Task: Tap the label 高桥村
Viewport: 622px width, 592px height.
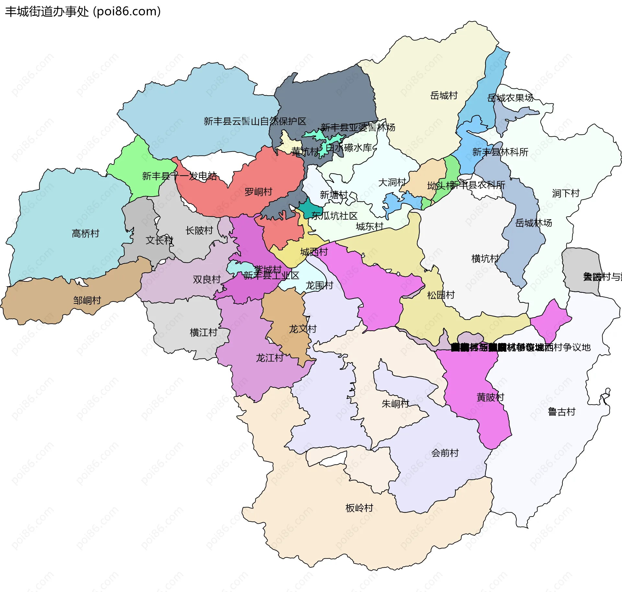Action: tap(86, 233)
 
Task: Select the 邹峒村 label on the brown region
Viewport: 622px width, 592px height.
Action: tap(87, 301)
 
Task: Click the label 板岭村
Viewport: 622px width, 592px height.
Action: tap(359, 508)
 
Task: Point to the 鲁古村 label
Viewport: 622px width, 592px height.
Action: tap(561, 412)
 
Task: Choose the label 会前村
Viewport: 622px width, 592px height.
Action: tap(445, 453)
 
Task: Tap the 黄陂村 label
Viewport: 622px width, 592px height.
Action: tap(490, 397)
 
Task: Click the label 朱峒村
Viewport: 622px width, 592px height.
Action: tap(396, 404)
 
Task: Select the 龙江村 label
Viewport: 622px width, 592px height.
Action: tap(270, 358)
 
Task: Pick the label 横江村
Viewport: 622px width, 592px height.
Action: tap(203, 333)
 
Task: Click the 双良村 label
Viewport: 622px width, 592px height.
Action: tap(207, 279)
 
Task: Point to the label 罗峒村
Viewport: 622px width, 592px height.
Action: tap(258, 192)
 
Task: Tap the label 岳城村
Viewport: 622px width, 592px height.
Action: tap(444, 96)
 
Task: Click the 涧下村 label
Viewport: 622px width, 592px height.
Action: tap(566, 194)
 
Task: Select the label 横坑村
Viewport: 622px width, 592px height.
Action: tap(485, 259)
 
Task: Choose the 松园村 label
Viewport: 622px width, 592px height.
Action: tap(441, 295)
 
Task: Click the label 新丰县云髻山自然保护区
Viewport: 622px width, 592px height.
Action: tap(255, 121)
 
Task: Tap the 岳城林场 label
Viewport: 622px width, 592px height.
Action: tap(534, 223)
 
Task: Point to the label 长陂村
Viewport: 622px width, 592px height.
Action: tap(199, 231)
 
